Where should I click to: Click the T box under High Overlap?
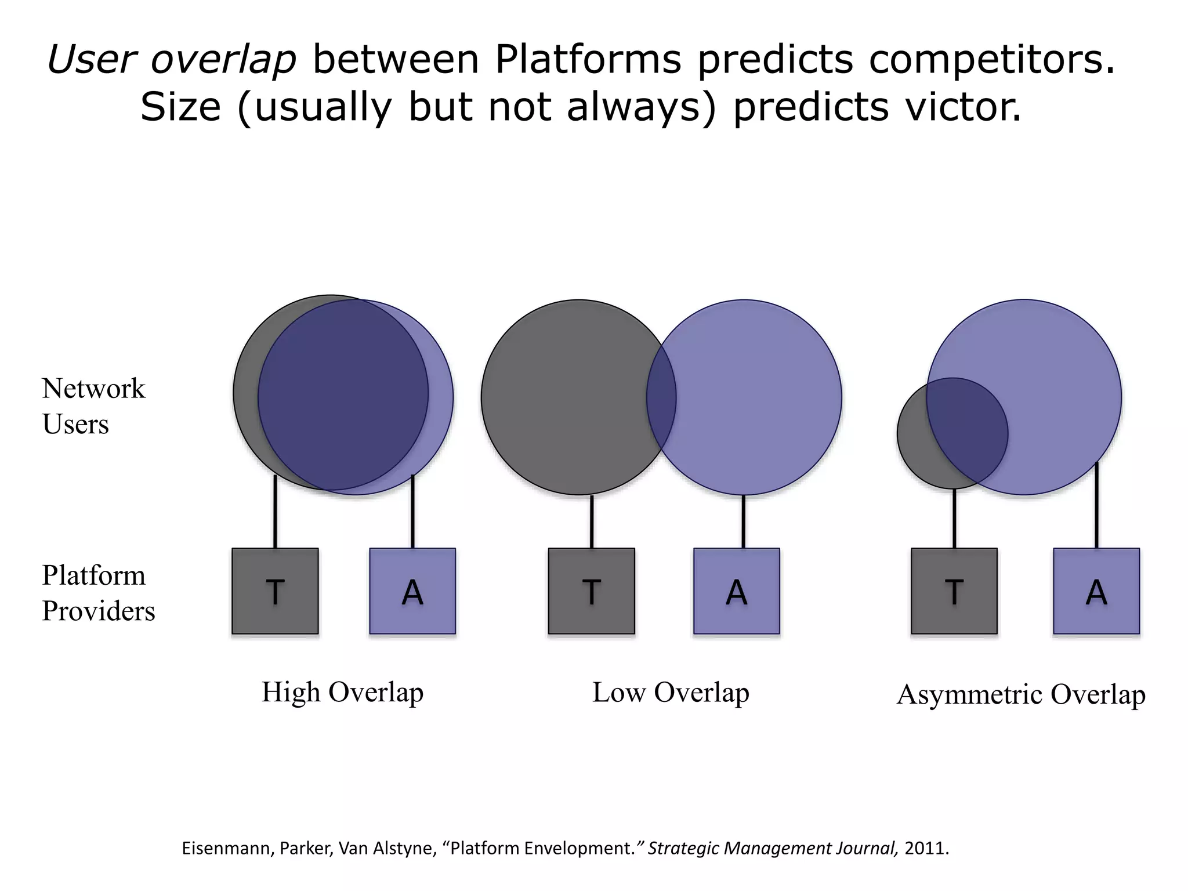tap(275, 591)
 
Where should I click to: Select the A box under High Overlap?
tap(412, 591)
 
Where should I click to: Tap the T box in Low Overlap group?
tap(591, 591)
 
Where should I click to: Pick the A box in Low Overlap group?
tap(736, 591)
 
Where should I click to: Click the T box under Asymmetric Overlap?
tap(954, 591)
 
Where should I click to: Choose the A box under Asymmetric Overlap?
tap(1096, 591)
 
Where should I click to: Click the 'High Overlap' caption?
tap(342, 693)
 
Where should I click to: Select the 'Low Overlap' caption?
tap(671, 693)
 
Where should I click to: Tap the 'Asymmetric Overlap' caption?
tap(1021, 695)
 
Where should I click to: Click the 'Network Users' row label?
tap(93, 406)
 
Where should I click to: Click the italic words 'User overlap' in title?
tap(172, 60)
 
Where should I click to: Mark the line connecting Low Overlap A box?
tap(743, 521)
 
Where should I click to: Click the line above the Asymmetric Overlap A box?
tap(1096, 505)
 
